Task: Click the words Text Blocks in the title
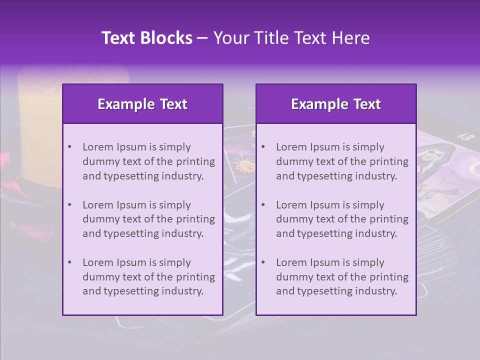click(x=147, y=38)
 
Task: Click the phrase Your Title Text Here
click(x=291, y=38)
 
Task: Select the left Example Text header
click(x=142, y=104)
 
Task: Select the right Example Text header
click(x=336, y=104)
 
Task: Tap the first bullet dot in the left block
click(x=69, y=147)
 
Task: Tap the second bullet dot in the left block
click(x=69, y=205)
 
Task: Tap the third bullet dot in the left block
click(x=69, y=262)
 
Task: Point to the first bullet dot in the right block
click(x=263, y=147)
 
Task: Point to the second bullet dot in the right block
click(x=263, y=205)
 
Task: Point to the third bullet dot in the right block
click(x=263, y=262)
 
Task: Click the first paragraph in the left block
click(x=148, y=161)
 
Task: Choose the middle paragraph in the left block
click(x=148, y=219)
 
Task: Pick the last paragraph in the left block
click(x=148, y=277)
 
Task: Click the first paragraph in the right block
click(x=342, y=161)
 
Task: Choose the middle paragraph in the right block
click(x=342, y=219)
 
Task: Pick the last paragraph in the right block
click(x=342, y=277)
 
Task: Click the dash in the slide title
click(x=202, y=38)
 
